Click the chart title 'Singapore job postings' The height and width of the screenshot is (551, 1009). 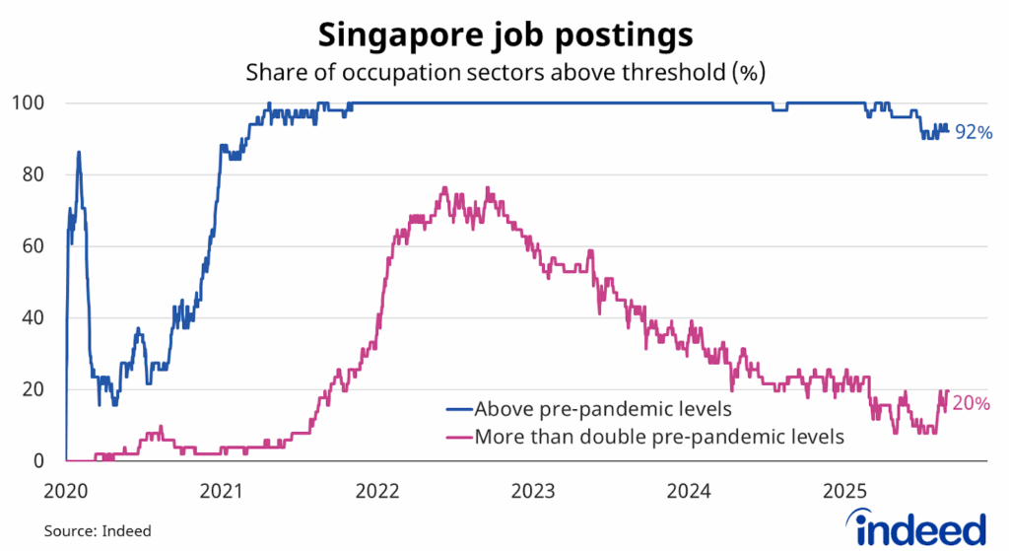tap(504, 34)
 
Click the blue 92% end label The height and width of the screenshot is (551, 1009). tap(972, 132)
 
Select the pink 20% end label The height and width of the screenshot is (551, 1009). tap(972, 401)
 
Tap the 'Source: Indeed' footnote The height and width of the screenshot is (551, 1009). tap(98, 530)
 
